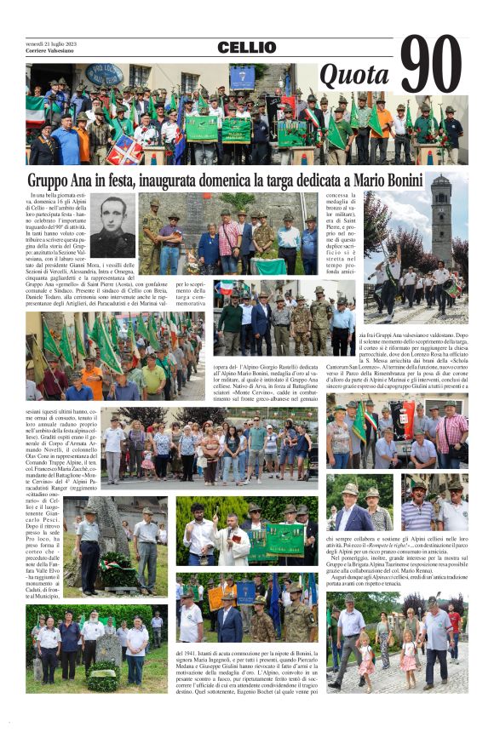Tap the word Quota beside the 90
coord(354,77)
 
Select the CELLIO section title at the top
coord(246,48)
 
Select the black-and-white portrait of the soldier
coord(113,226)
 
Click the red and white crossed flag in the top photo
coord(125,150)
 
